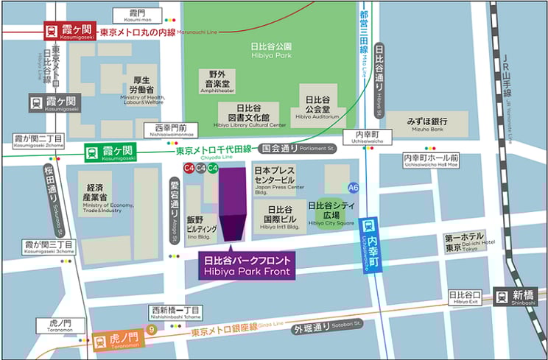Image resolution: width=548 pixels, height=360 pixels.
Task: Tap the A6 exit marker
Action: [354, 187]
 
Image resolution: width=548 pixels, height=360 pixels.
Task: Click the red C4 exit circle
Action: [189, 169]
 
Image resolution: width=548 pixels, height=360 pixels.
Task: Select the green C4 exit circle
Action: [212, 169]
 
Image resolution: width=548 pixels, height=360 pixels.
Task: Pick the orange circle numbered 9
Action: [151, 330]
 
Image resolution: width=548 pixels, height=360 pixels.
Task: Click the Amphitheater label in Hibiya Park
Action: [222, 82]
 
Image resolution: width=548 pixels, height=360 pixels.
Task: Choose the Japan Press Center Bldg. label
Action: [279, 179]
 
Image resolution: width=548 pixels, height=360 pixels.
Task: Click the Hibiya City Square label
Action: [331, 213]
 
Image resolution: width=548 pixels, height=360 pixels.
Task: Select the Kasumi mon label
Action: [138, 17]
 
